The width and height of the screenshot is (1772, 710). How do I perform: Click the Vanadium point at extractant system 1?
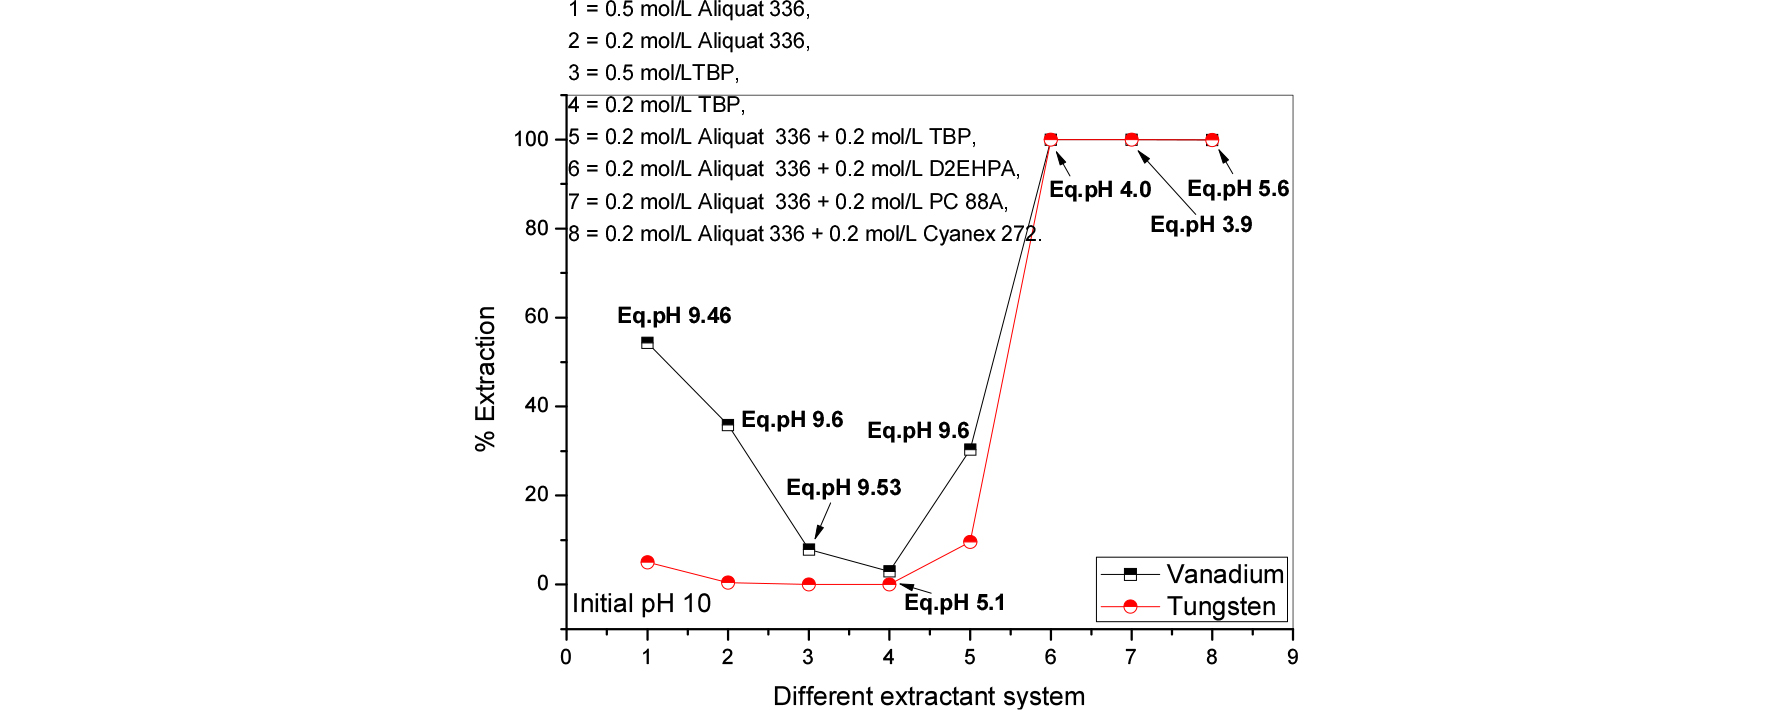pyautogui.click(x=647, y=343)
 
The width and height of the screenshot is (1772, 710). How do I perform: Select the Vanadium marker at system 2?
pyautogui.click(x=728, y=425)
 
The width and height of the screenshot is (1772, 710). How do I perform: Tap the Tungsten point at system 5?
pyautogui.click(x=970, y=542)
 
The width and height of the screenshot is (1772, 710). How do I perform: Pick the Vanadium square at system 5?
pyautogui.click(x=970, y=450)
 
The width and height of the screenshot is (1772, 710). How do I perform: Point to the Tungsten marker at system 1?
pyautogui.click(x=647, y=563)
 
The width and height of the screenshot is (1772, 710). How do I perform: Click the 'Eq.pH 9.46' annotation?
pyautogui.click(x=674, y=316)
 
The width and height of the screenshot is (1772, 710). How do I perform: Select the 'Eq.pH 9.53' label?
pyautogui.click(x=843, y=488)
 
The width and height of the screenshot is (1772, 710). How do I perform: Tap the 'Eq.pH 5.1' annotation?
pyautogui.click(x=954, y=603)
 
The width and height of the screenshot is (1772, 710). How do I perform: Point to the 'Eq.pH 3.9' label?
pyautogui.click(x=1200, y=225)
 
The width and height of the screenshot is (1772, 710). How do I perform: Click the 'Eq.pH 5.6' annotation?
pyautogui.click(x=1237, y=189)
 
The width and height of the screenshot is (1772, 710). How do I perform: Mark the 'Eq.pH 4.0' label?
pyautogui.click(x=1099, y=190)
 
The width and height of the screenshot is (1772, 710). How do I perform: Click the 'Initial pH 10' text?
pyautogui.click(x=641, y=604)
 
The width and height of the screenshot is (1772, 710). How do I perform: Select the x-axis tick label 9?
pyautogui.click(x=1292, y=657)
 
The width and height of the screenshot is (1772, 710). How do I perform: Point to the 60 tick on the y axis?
pyautogui.click(x=537, y=317)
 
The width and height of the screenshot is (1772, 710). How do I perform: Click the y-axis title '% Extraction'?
pyautogui.click(x=486, y=378)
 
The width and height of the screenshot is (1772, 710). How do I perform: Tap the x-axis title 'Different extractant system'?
pyautogui.click(x=928, y=696)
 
